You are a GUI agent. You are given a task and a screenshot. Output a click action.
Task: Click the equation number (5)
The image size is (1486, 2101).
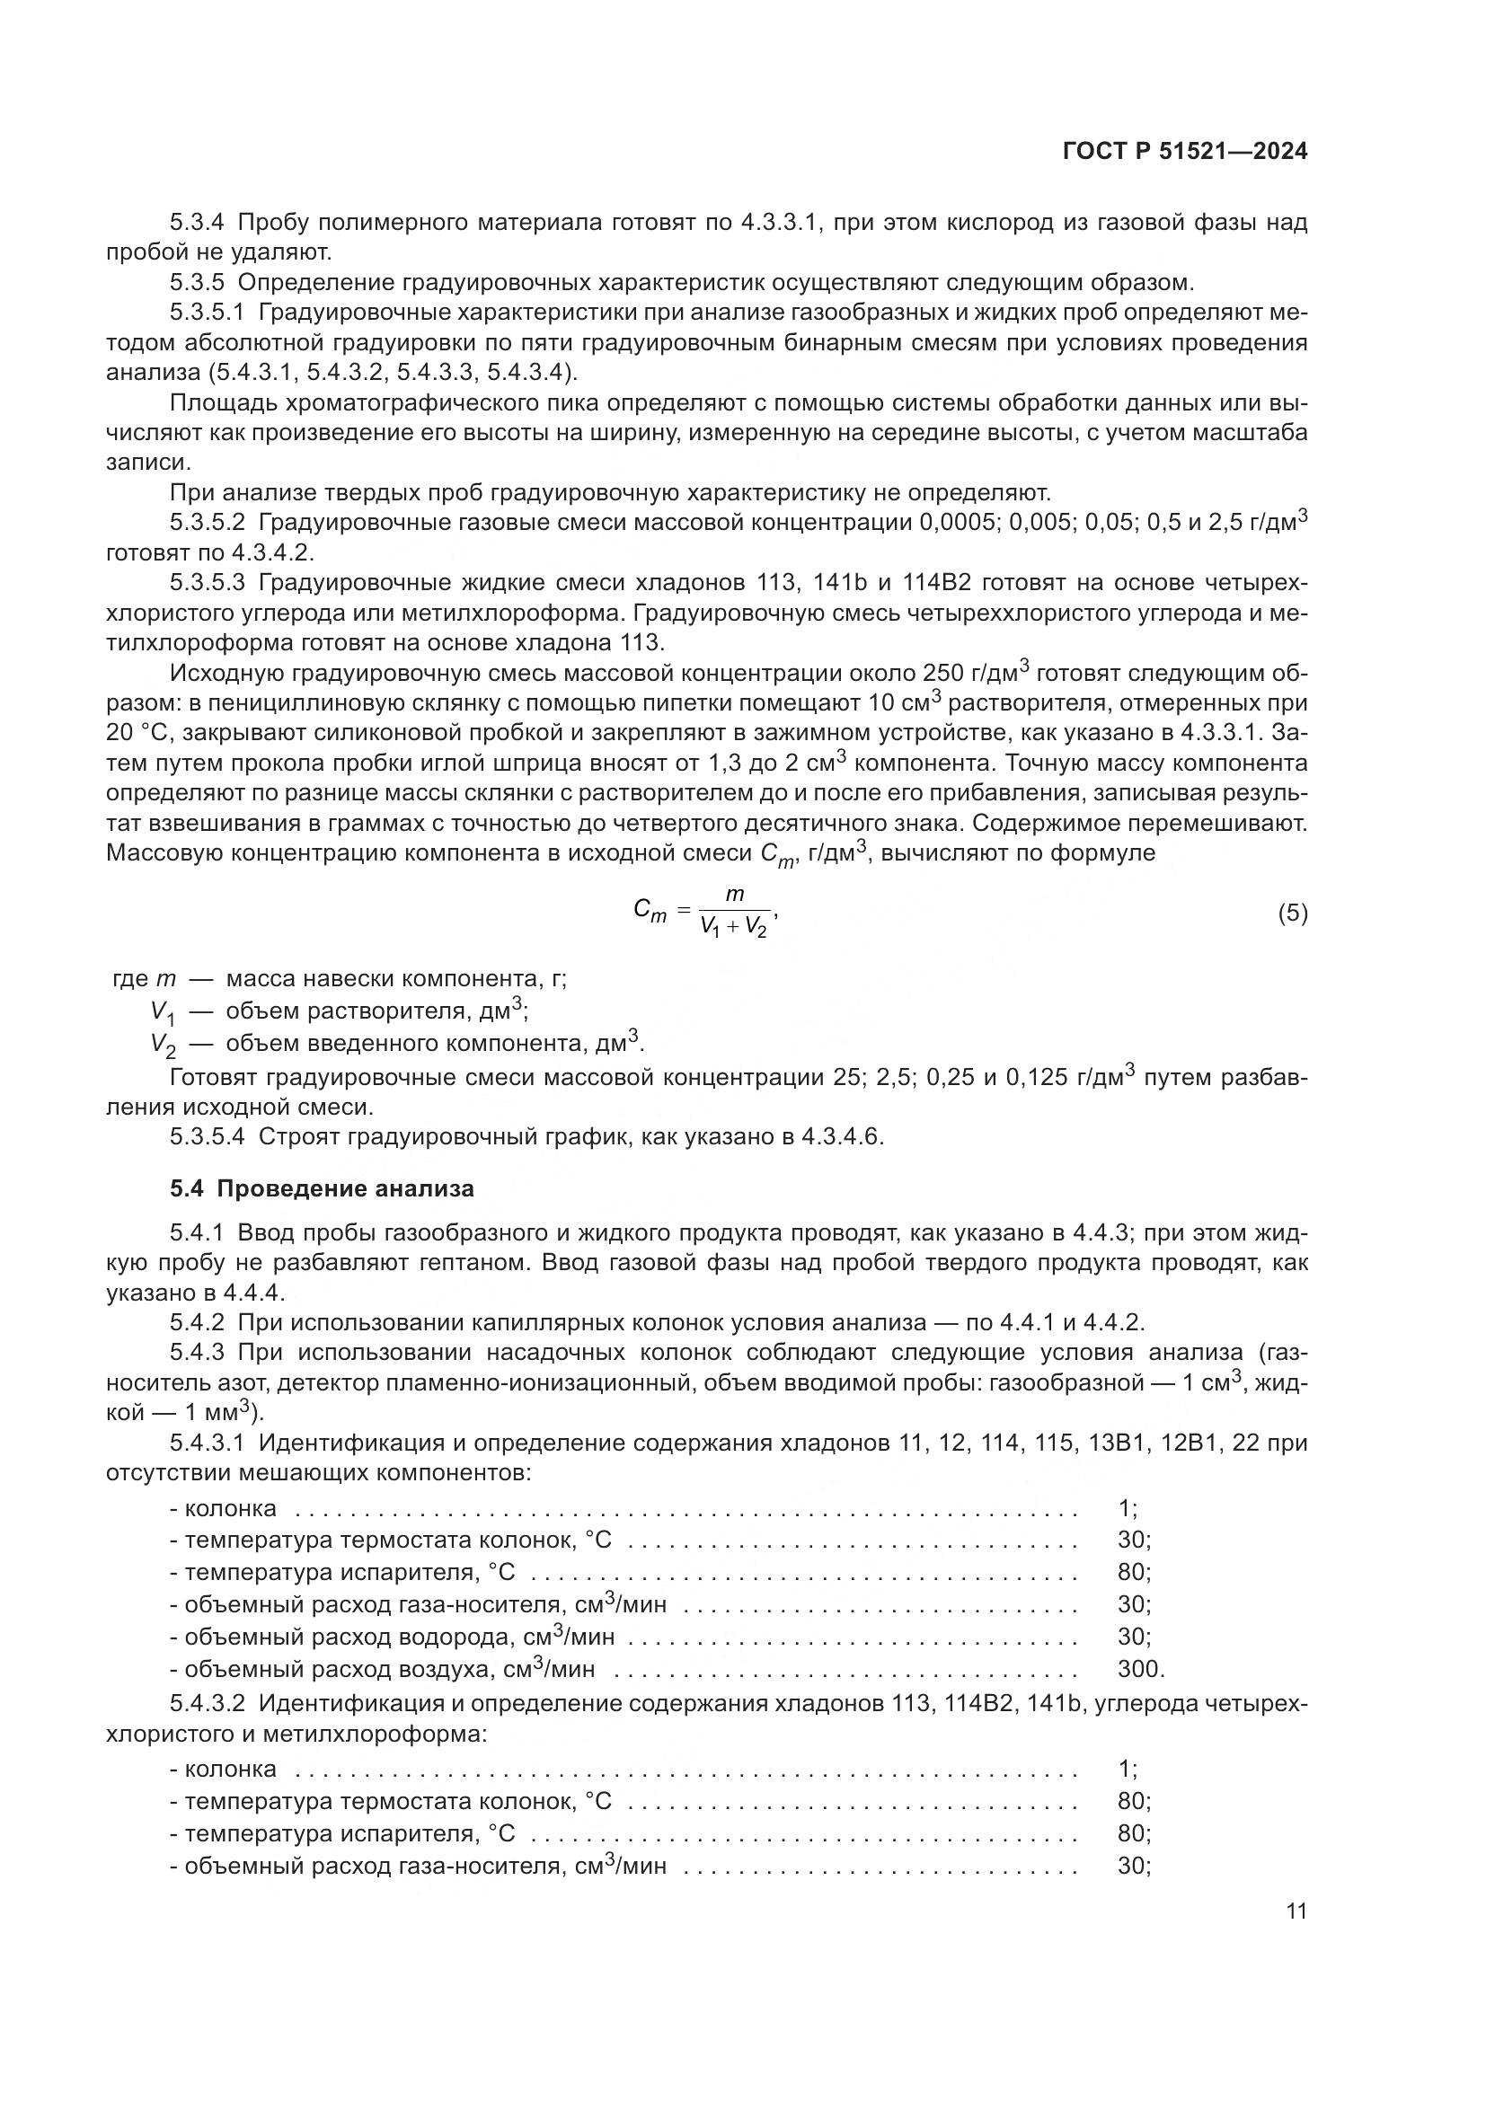(x=1292, y=914)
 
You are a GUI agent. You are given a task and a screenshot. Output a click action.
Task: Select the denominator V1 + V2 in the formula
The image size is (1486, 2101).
(x=733, y=927)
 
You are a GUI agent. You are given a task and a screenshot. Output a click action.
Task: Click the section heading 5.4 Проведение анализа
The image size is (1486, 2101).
(x=323, y=1188)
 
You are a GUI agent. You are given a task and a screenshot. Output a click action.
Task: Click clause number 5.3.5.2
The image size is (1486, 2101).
(x=208, y=523)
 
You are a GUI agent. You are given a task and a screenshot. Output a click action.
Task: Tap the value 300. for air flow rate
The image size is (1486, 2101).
(x=1141, y=1669)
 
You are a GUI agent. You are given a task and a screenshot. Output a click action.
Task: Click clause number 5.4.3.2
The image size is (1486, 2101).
(x=208, y=1704)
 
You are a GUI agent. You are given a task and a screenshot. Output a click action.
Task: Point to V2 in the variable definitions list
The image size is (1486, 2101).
(x=163, y=1045)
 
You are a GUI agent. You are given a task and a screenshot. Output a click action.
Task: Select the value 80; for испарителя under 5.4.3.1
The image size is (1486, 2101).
(x=1134, y=1572)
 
